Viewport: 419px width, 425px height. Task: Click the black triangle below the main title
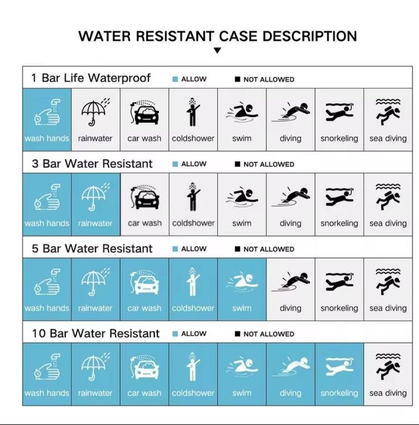pos(217,50)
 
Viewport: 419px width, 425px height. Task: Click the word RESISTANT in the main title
pos(175,36)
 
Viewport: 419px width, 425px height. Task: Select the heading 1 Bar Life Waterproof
pos(91,78)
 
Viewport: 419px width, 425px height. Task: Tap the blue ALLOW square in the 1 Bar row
pos(175,79)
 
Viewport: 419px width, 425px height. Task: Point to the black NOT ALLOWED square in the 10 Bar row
pos(237,334)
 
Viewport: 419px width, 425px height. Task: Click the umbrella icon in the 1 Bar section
pos(95,112)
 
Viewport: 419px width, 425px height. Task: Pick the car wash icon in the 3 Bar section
pos(144,197)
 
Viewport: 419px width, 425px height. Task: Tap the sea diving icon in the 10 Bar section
pos(388,366)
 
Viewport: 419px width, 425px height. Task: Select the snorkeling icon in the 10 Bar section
pos(340,366)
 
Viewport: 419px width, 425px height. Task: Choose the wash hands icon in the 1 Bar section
pos(47,112)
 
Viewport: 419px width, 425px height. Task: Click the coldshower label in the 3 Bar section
pos(193,223)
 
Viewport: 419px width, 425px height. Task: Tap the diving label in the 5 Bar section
pos(290,308)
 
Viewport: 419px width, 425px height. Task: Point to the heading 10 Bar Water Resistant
pos(96,333)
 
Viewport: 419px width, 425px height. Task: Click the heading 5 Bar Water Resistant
pos(92,248)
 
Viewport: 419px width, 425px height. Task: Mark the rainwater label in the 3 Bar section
pos(95,223)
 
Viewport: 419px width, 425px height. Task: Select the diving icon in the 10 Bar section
pos(290,367)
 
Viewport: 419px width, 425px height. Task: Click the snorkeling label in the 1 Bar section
pos(339,138)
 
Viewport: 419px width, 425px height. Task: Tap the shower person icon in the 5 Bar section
pos(193,282)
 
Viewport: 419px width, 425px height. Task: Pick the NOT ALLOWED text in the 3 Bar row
pos(269,165)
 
